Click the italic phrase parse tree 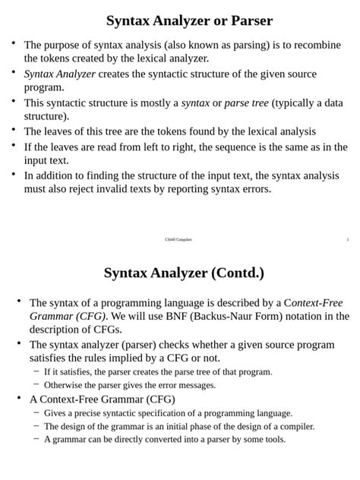[x=247, y=103]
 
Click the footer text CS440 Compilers [x=178, y=240]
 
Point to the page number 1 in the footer [x=347, y=240]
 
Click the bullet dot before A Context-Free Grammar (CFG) [x=19, y=398]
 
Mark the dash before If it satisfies [x=36, y=371]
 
